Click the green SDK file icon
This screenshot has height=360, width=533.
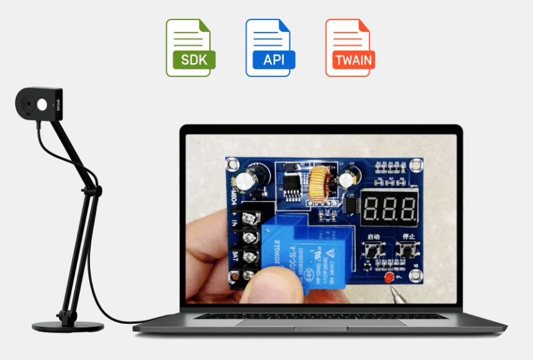191,48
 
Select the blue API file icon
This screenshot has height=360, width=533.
270,48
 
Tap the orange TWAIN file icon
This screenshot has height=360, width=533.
350,48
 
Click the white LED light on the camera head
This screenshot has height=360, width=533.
42,105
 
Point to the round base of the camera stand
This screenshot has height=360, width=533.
68,326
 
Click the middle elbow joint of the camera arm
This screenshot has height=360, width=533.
93,188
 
